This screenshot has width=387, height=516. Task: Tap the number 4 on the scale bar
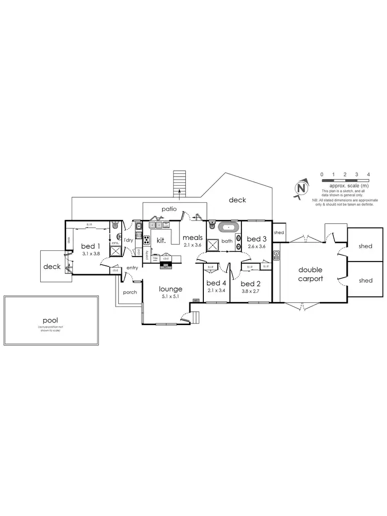click(367, 174)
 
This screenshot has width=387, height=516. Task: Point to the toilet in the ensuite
click(116, 225)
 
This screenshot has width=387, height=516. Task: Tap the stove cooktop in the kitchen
click(147, 240)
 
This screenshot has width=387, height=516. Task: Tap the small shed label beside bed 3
click(279, 233)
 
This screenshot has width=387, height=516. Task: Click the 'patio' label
click(168, 209)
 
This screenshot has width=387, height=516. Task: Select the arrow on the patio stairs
click(180, 193)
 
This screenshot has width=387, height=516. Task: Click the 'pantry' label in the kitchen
click(147, 254)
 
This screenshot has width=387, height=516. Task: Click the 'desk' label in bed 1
click(69, 239)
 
